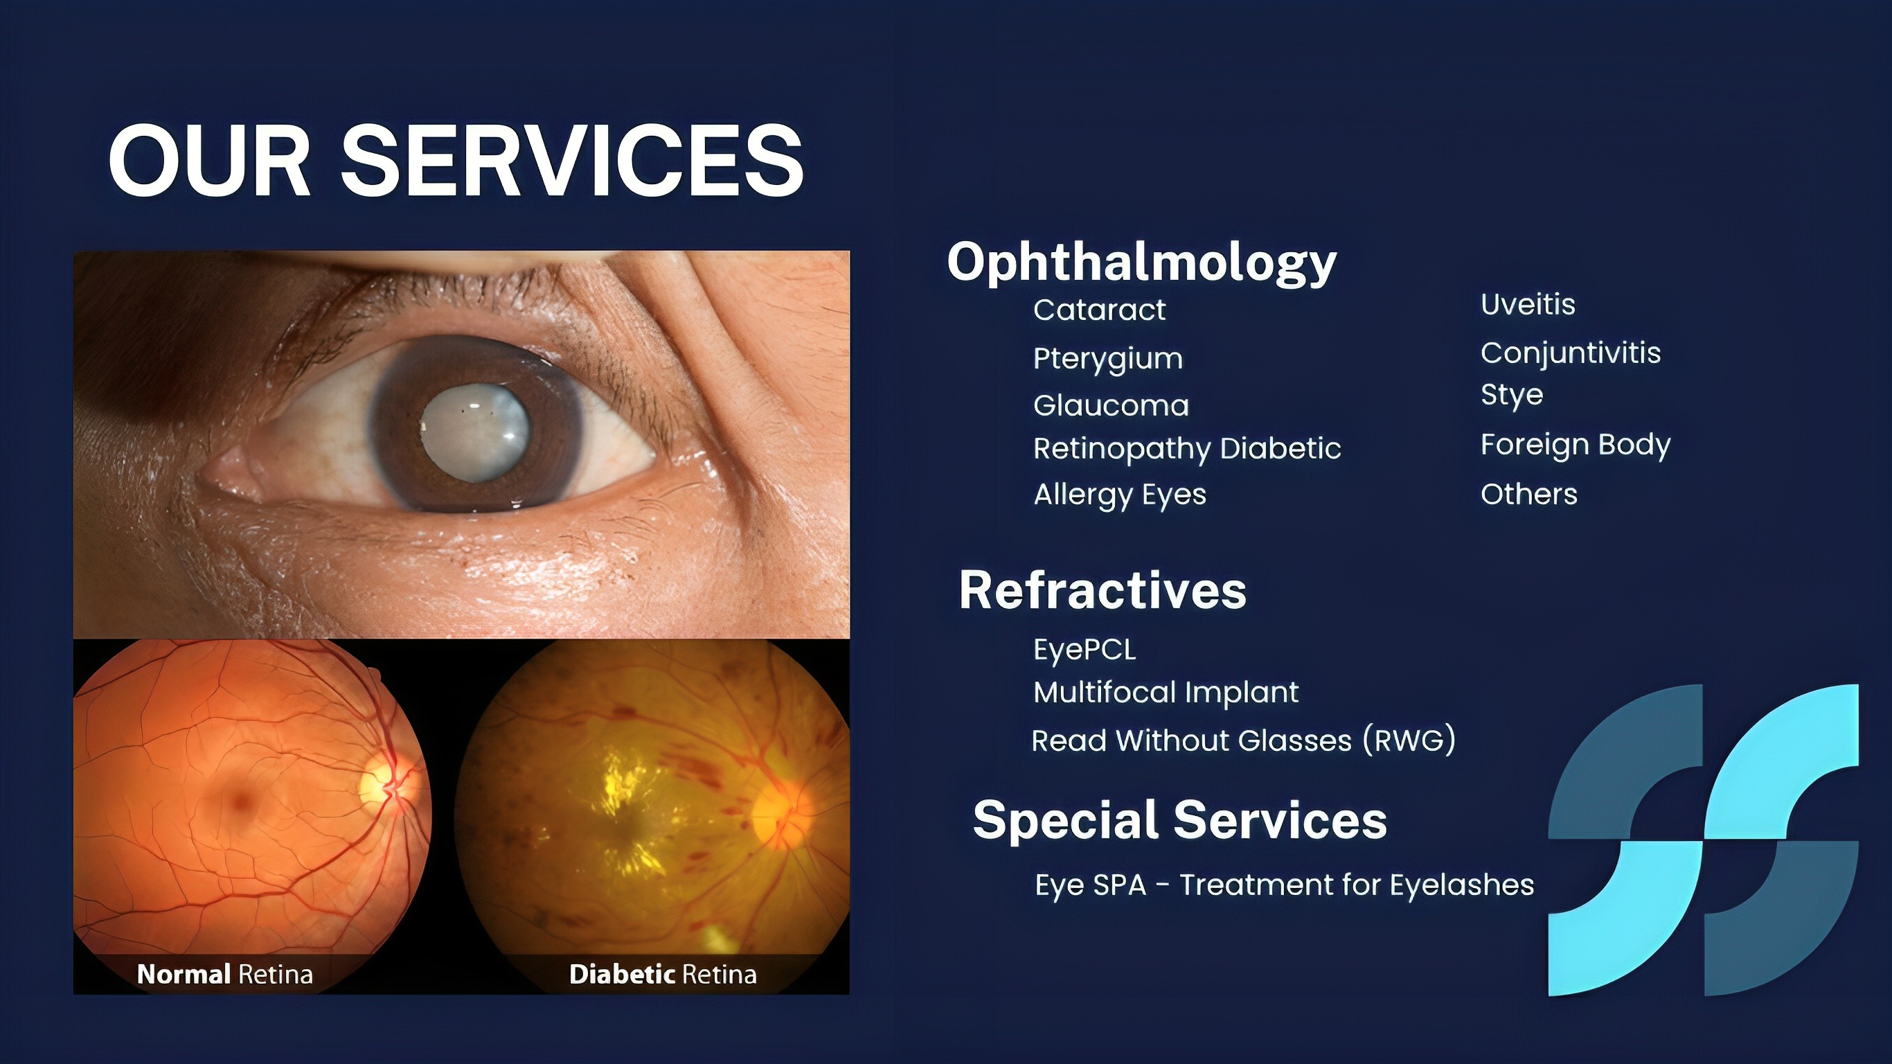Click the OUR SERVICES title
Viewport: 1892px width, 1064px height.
(x=456, y=160)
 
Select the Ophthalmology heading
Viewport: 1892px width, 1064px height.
(x=1142, y=263)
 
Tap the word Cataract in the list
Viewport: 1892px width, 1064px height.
(x=1100, y=310)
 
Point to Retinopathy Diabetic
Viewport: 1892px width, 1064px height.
(x=1188, y=449)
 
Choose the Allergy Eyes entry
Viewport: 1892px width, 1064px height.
(x=1120, y=495)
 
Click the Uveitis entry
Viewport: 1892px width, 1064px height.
(x=1528, y=304)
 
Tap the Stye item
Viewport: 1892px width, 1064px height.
(x=1512, y=396)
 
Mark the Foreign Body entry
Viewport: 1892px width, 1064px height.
(x=1576, y=445)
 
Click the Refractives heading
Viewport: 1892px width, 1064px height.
(x=1103, y=590)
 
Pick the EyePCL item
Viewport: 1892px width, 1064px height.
(x=1085, y=650)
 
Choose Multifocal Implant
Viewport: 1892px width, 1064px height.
(x=1166, y=693)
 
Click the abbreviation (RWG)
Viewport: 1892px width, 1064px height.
(x=1409, y=740)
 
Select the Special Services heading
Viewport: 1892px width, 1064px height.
(x=1180, y=821)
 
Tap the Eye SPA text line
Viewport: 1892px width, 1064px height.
(x=1285, y=885)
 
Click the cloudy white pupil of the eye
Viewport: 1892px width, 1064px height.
(x=474, y=432)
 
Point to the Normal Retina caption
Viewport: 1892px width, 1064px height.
(x=225, y=975)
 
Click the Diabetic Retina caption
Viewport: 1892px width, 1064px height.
(x=663, y=975)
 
